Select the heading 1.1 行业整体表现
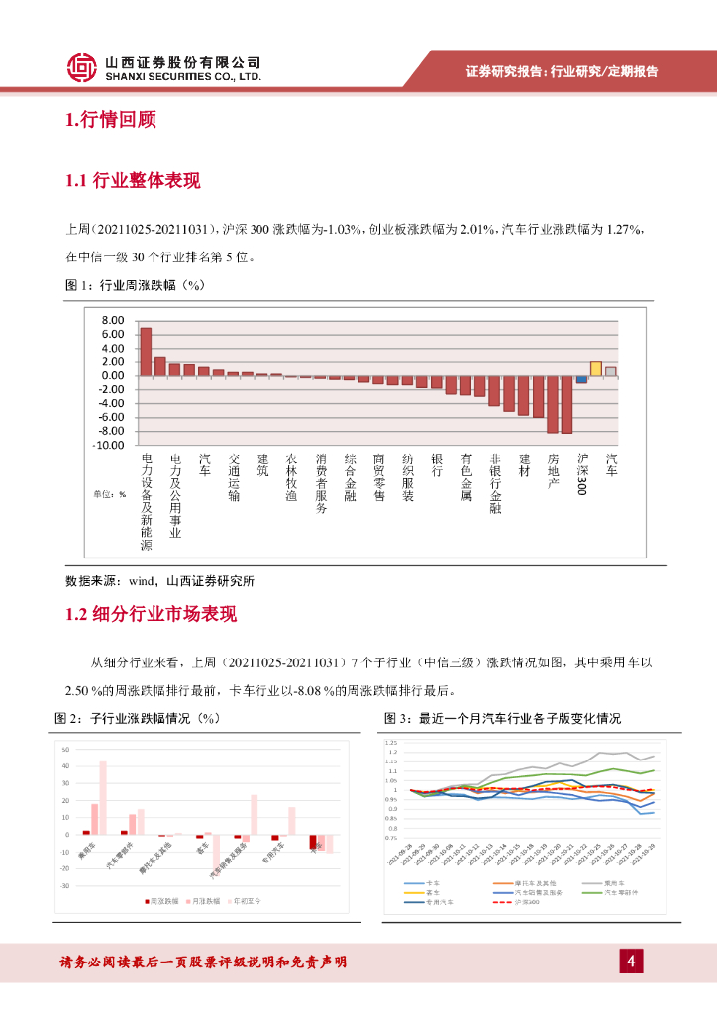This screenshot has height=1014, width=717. [x=132, y=181]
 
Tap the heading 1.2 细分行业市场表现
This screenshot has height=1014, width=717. [x=151, y=614]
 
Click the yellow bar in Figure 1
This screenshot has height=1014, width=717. [x=596, y=368]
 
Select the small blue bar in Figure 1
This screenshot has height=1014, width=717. [x=581, y=379]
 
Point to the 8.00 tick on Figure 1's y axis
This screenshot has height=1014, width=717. [x=112, y=321]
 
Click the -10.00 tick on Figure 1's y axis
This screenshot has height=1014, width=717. [x=109, y=446]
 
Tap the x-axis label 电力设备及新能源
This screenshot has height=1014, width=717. [x=147, y=502]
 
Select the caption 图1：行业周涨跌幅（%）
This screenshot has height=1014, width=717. [x=134, y=285]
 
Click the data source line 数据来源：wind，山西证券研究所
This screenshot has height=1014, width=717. [x=158, y=581]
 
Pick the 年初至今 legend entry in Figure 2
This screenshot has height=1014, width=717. [x=245, y=902]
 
